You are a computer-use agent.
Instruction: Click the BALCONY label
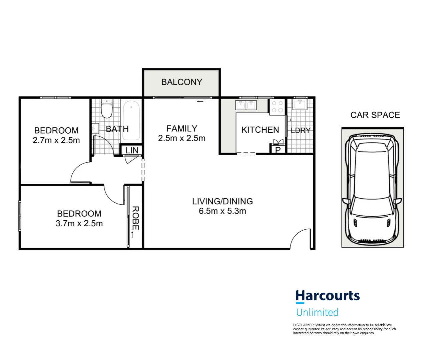[181, 82]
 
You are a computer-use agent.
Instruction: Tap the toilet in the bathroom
[107, 109]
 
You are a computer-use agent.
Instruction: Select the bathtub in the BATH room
[131, 120]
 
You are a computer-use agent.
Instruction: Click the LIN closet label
[132, 150]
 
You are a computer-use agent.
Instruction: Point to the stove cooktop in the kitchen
[277, 107]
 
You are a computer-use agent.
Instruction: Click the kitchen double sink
[246, 105]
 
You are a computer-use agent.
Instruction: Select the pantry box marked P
[278, 150]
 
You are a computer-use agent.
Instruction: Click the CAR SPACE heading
[375, 115]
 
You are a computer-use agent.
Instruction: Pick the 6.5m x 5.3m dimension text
[222, 211]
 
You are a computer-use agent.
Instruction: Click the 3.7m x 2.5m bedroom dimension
[79, 223]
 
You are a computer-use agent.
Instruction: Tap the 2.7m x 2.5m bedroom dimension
[56, 140]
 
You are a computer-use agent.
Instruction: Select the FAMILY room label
[181, 128]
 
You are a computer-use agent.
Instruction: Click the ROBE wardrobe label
[135, 218]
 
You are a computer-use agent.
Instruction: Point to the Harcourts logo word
[327, 296]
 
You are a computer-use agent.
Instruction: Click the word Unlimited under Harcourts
[317, 312]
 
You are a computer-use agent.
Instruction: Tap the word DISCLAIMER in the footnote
[304, 325]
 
